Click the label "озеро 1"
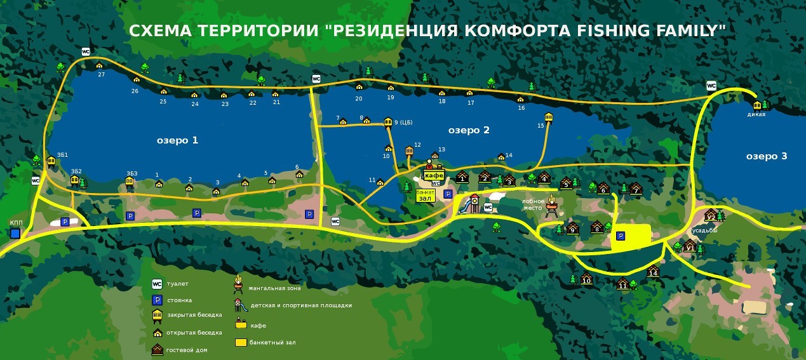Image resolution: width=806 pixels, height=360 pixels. (177, 140)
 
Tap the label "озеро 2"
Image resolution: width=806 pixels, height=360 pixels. (469, 130)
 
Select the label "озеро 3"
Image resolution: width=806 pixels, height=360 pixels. (766, 156)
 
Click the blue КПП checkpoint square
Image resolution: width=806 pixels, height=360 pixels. (15, 233)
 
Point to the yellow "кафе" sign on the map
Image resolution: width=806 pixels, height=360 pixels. (433, 175)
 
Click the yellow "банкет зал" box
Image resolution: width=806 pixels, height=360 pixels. (426, 194)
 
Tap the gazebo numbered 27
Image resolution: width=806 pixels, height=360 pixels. (99, 65)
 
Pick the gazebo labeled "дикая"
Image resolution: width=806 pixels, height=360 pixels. (756, 105)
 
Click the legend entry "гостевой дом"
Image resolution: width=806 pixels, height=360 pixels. (187, 350)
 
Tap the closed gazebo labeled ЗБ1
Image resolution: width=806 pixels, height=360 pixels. (51, 161)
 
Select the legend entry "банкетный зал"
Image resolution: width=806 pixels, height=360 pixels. (272, 342)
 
